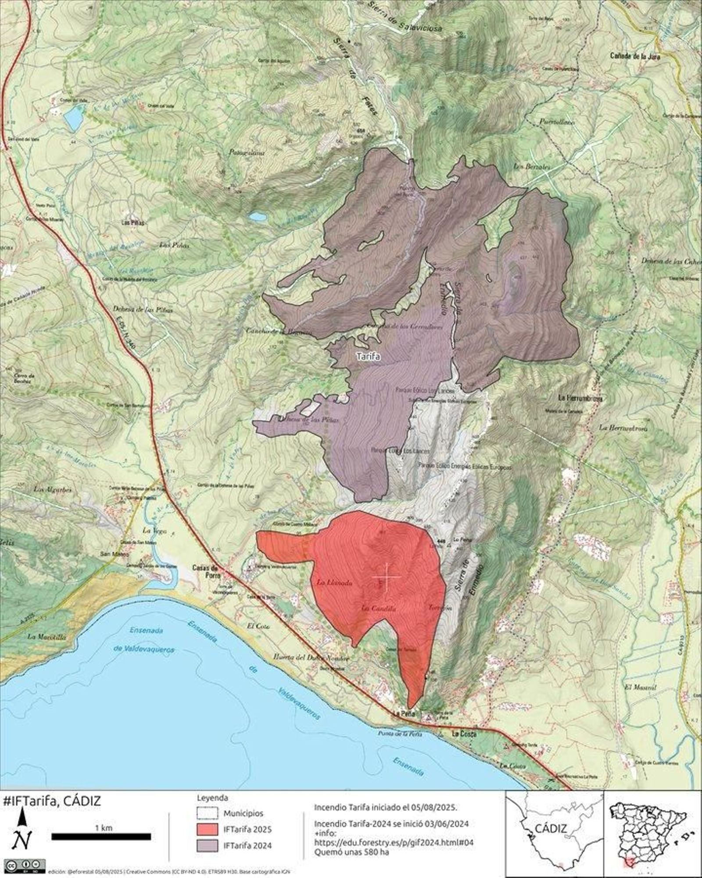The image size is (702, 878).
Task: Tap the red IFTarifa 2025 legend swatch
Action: pos(208,829)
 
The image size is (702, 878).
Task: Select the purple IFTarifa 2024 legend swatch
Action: pos(208,846)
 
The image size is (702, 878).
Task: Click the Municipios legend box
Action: pos(208,813)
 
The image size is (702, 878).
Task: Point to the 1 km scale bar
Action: pos(101,837)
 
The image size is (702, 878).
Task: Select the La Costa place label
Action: pos(466,734)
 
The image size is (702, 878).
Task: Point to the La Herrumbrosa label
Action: pos(580,398)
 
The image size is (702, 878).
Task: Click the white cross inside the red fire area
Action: pos(386,577)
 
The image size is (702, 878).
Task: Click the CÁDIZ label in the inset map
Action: pos(551,829)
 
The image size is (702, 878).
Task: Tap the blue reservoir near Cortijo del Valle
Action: pos(73,118)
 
